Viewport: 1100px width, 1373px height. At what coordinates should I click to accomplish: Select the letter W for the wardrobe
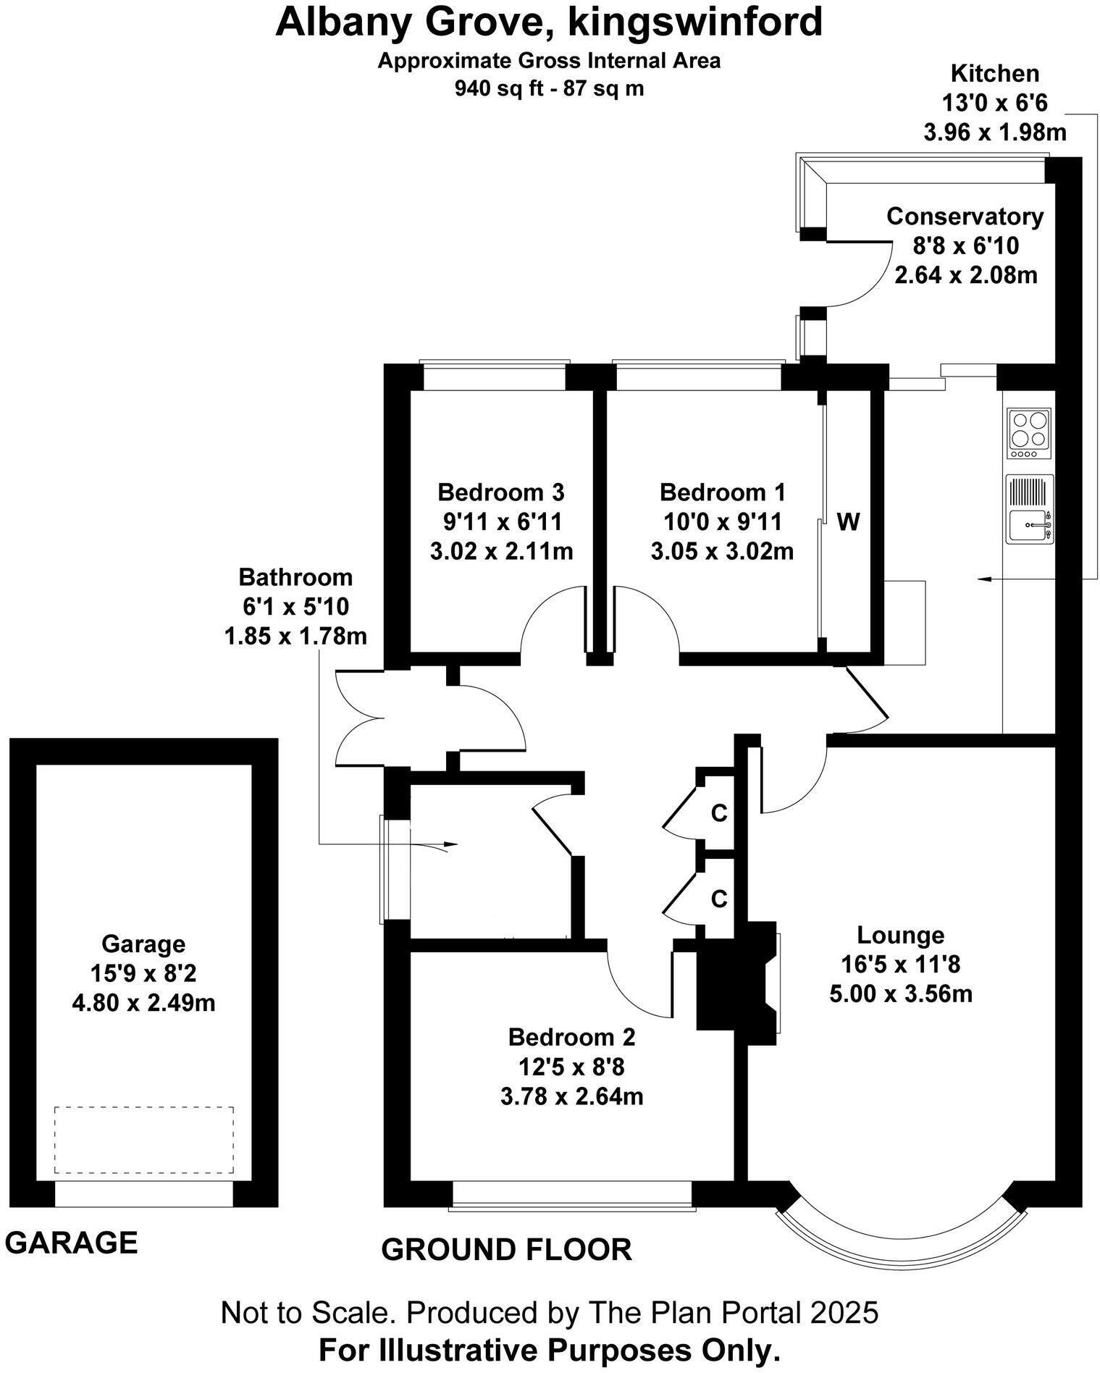coord(848,521)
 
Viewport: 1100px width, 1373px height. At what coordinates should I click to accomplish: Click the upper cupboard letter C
coord(718,814)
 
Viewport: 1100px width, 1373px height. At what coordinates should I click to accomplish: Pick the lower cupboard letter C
coord(718,899)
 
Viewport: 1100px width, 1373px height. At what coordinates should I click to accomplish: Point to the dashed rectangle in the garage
coord(144,1140)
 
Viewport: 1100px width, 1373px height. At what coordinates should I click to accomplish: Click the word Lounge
coord(900,935)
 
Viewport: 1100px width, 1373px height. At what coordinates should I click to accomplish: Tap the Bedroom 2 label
coord(571,1037)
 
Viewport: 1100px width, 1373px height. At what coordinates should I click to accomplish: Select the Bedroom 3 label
coord(501,492)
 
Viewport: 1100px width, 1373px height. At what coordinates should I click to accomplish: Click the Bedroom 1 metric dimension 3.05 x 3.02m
coord(722,552)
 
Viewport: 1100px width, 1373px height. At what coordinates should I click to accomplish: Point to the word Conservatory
coord(965,216)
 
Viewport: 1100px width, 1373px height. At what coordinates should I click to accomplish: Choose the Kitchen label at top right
coord(994,73)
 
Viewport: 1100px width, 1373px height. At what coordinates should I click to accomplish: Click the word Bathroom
coord(295,577)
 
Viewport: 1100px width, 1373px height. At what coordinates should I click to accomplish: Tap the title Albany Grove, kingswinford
coord(549,22)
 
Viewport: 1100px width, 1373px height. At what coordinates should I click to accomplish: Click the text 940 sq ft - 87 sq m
coord(549,88)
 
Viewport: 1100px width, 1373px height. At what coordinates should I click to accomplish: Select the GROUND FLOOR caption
coord(506,1249)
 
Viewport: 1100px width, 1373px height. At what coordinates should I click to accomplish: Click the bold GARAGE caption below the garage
coord(71,1242)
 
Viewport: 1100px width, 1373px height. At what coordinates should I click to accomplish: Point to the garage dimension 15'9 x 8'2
coord(143,973)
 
